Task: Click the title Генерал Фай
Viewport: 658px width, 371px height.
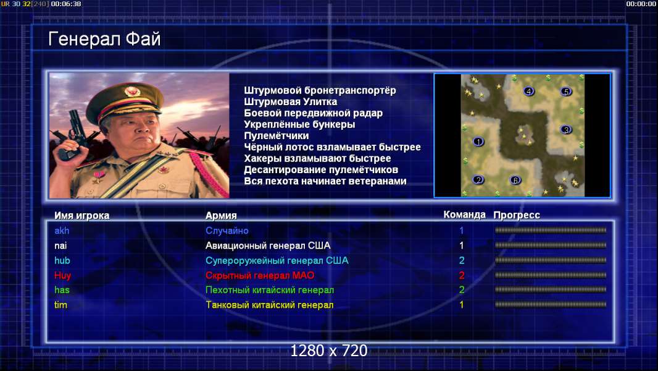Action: coord(104,39)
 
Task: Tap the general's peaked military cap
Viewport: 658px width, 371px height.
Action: coord(125,101)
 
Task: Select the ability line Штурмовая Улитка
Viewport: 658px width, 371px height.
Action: coord(290,101)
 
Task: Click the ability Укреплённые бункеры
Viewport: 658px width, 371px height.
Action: coord(299,124)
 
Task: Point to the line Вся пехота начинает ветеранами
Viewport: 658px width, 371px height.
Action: coord(325,181)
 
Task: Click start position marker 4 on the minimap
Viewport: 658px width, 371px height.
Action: coord(529,91)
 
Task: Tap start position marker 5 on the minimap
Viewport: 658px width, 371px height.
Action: coord(565,91)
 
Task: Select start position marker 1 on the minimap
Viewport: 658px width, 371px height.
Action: coord(478,142)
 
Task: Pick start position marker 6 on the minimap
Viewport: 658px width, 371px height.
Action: coord(515,180)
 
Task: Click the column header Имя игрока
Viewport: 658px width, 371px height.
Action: coord(82,216)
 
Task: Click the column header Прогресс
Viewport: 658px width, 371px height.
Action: coord(517,215)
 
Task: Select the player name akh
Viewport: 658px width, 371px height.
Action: coord(62,231)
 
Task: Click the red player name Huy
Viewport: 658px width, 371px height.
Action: coord(62,276)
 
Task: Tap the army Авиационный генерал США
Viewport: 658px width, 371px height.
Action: coord(268,245)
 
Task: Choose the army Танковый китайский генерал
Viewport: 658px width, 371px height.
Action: coord(269,305)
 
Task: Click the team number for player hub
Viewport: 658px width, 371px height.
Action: coord(462,260)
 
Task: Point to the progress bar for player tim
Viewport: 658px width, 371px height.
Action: coord(551,304)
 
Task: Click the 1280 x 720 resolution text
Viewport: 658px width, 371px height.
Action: coord(328,351)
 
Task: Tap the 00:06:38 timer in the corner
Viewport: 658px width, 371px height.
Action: coord(66,4)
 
